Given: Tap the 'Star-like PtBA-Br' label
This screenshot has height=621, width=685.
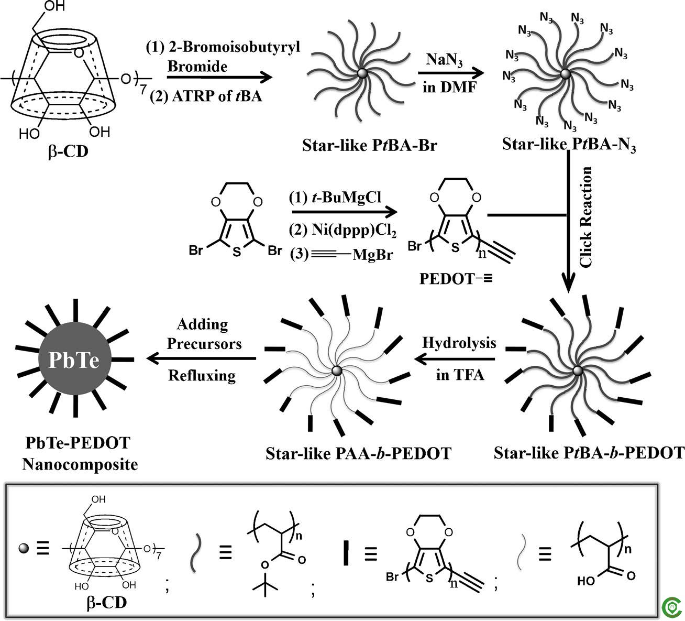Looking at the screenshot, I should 370,144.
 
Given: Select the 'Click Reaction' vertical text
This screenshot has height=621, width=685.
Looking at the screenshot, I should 586,216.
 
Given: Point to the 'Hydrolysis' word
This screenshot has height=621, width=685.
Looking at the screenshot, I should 459,343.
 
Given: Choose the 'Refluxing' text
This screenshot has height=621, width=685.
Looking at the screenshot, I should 202,375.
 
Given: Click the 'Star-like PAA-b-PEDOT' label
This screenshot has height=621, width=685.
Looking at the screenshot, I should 358,452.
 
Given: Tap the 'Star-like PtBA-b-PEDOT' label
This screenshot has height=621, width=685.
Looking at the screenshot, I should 589,452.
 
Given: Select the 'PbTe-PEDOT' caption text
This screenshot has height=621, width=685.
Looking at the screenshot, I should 78,443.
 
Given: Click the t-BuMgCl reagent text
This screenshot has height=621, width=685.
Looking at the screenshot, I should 335,198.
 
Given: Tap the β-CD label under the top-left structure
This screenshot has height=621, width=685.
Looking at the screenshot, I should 69,153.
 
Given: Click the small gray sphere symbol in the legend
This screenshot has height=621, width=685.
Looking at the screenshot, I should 23,548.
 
